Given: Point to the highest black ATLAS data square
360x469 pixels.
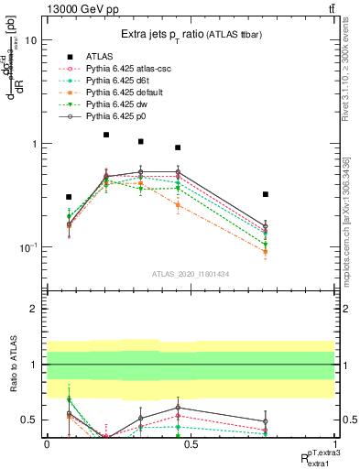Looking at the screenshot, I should pos(106,135).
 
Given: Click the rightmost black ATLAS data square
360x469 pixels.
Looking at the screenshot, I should pos(265,194).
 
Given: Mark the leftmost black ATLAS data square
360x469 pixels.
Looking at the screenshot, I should pos(69,197).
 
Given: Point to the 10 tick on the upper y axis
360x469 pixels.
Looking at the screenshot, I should pos(30,41).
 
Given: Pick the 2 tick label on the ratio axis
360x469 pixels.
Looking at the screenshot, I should pos(33,310).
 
